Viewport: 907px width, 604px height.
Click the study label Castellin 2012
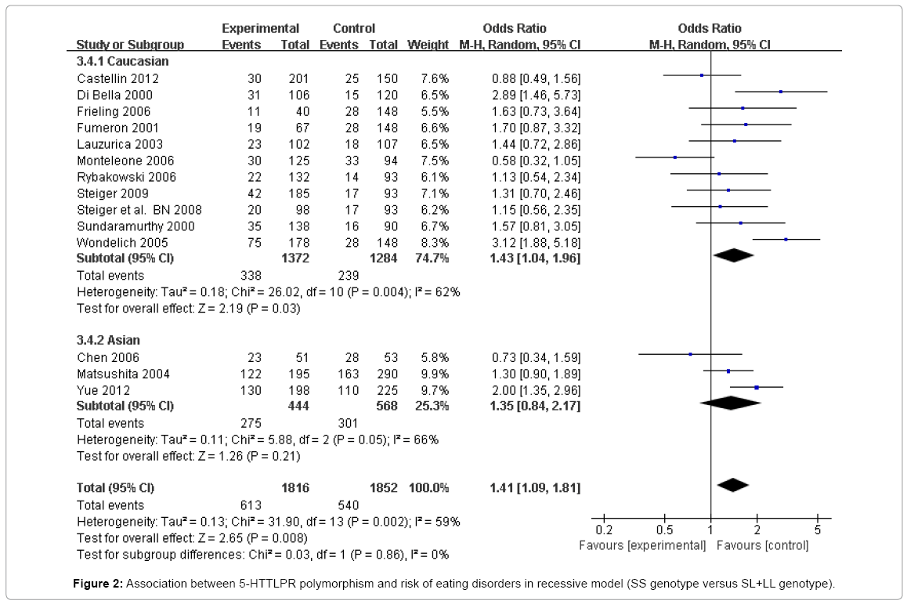pyautogui.click(x=117, y=78)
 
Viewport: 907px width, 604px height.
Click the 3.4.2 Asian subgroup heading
pyautogui.click(x=108, y=340)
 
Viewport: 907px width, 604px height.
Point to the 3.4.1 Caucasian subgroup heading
pyautogui.click(x=122, y=61)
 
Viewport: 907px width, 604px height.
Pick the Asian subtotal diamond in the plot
pyautogui.click(x=730, y=403)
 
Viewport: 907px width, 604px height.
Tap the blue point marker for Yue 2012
pyautogui.click(x=757, y=387)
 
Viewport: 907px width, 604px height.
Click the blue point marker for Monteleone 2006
pyautogui.click(x=674, y=157)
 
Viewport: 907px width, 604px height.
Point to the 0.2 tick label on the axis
pyautogui.click(x=604, y=530)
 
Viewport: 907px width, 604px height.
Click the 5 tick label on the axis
pyautogui.click(x=817, y=530)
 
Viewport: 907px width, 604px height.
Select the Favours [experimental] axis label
pyautogui.click(x=641, y=544)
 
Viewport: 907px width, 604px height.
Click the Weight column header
pyautogui.click(x=428, y=45)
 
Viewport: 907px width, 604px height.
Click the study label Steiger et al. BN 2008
pyautogui.click(x=139, y=210)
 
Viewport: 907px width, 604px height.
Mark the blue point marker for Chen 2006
pyautogui.click(x=690, y=354)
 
